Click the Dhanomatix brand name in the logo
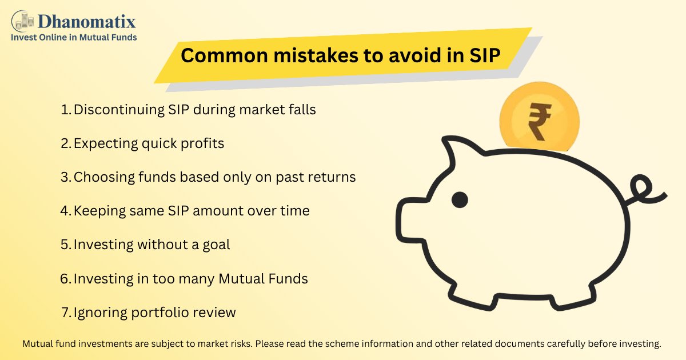[86, 22]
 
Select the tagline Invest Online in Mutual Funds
[74, 37]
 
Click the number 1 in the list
[65, 110]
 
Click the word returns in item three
[332, 177]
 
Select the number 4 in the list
[65, 211]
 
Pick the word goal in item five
[215, 245]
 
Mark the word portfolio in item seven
[162, 313]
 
